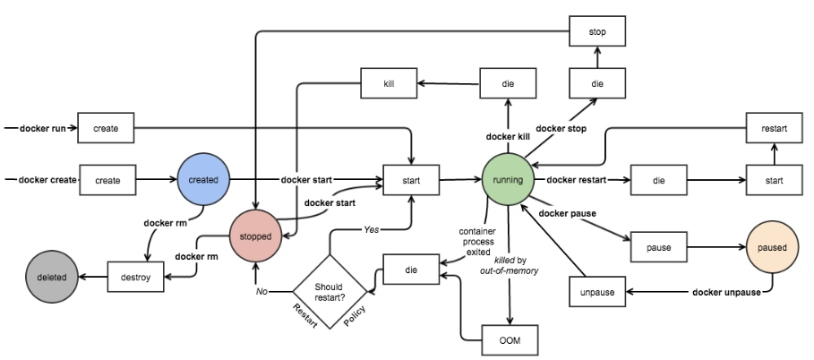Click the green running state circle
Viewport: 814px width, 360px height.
(x=509, y=180)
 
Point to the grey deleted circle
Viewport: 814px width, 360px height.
(x=52, y=278)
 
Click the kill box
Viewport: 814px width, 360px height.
(x=390, y=84)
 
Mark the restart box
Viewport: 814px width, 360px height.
(x=774, y=129)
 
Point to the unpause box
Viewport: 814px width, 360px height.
(x=598, y=292)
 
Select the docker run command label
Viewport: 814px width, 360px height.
(x=39, y=129)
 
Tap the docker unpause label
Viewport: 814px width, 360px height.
(x=727, y=293)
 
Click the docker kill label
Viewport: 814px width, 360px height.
(x=508, y=137)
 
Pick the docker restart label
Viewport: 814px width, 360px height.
(x=574, y=180)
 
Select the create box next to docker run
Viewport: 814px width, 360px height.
(x=107, y=129)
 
